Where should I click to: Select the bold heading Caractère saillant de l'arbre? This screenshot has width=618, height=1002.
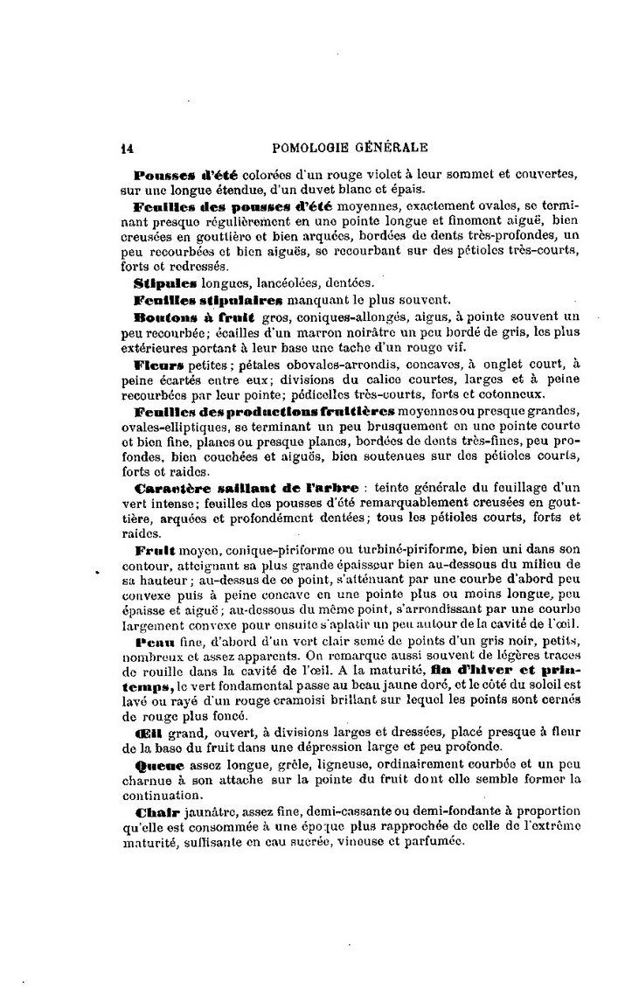247,486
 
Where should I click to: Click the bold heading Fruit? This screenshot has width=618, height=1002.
156,551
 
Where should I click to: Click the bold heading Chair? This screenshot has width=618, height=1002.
155,812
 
